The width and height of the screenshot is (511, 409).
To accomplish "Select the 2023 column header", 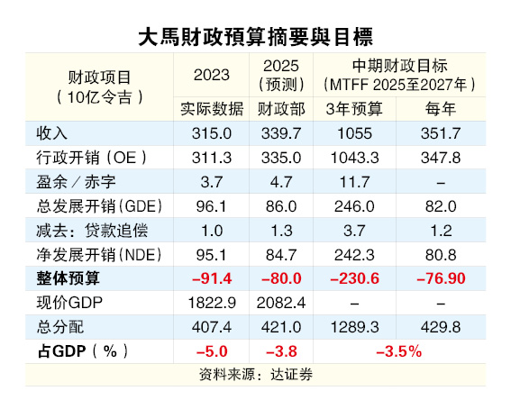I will click(x=211, y=75).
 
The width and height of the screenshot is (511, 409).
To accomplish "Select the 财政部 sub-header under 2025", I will click(x=281, y=109).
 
